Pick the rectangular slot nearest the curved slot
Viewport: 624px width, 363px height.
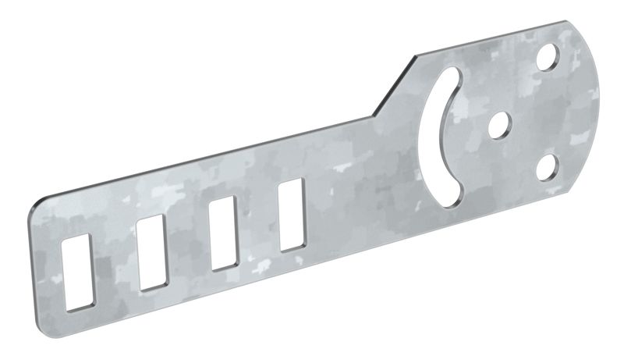click(x=292, y=215)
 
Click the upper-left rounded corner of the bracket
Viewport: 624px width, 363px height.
click(x=43, y=202)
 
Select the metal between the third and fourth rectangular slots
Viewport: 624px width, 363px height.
click(x=258, y=224)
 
